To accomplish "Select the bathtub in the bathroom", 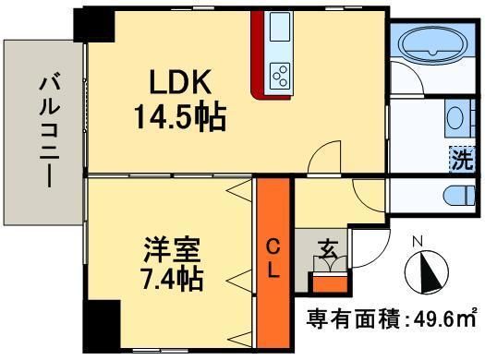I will [433, 43].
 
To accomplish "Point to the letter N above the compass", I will [417, 243].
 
